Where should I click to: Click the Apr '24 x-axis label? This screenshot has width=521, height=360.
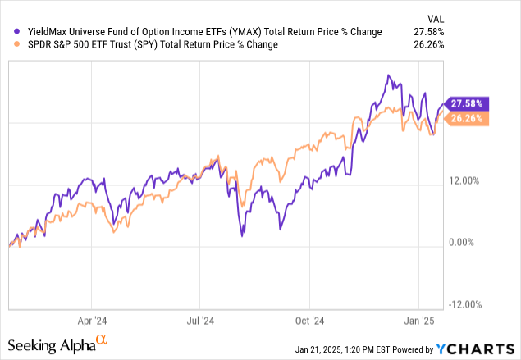(x=94, y=321)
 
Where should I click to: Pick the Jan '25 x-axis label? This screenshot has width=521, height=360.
(x=419, y=321)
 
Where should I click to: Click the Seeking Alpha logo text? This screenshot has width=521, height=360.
(x=52, y=343)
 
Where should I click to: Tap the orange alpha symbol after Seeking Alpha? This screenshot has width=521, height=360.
(x=103, y=339)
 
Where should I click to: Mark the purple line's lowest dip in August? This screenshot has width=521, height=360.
(x=242, y=236)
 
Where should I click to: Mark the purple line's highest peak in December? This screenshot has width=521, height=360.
(x=386, y=75)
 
